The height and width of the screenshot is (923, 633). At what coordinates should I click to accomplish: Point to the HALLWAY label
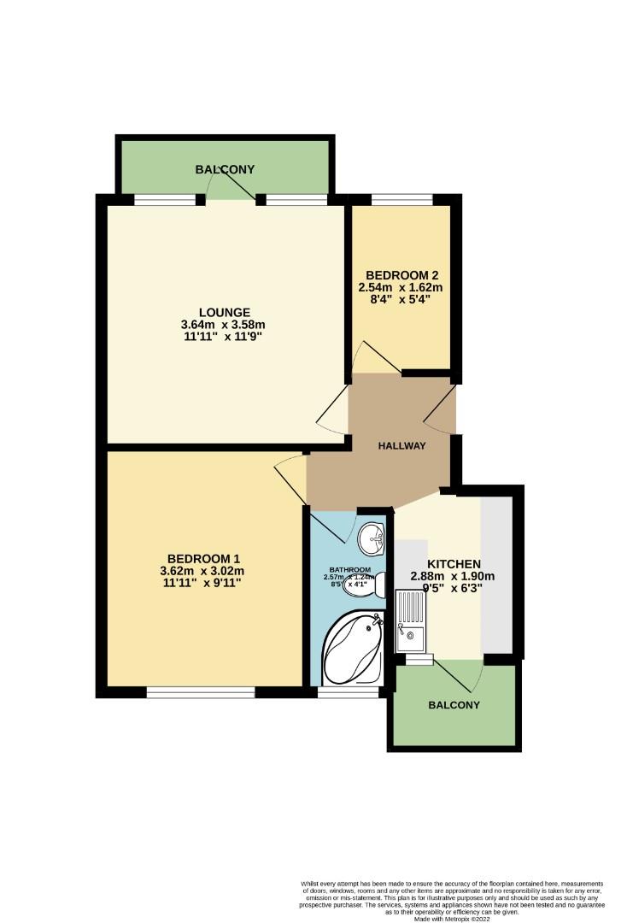[402, 445]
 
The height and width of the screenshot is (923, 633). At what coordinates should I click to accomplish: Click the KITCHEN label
[454, 564]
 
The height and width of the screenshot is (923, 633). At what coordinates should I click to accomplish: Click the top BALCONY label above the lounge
[226, 169]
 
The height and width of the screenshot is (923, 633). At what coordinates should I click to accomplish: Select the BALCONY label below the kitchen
[454, 705]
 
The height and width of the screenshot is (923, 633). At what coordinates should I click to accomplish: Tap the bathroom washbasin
[372, 538]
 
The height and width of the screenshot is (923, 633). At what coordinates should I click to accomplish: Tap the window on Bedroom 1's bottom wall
[201, 691]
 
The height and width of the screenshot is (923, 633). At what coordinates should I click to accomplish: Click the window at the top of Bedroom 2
[401, 200]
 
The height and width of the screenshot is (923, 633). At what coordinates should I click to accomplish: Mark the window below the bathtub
[349, 692]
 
